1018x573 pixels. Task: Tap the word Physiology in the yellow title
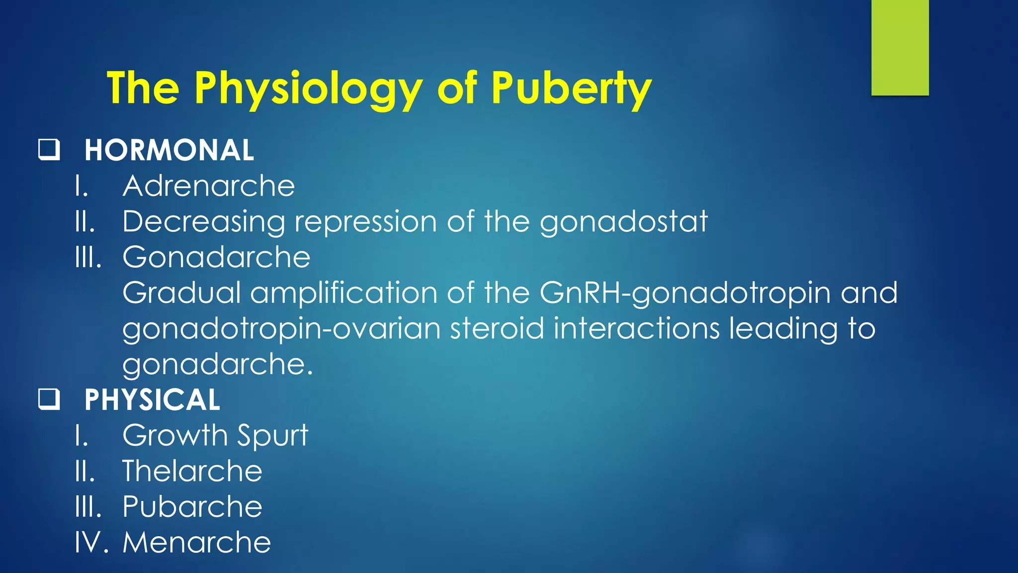click(x=308, y=88)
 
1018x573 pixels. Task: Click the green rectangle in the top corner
click(x=900, y=47)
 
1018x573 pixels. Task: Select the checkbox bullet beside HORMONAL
click(x=49, y=150)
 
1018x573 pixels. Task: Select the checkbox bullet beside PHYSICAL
click(x=49, y=399)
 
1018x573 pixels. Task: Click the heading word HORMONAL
click(x=169, y=150)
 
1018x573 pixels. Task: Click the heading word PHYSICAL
click(x=152, y=399)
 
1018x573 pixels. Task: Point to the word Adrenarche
click(x=209, y=186)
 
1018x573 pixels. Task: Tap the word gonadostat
click(x=623, y=222)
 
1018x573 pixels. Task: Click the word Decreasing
click(x=204, y=222)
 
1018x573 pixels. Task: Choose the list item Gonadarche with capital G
click(x=216, y=257)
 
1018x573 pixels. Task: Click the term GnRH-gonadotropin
click(x=684, y=293)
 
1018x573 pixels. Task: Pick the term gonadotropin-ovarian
click(x=281, y=329)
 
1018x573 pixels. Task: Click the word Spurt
click(x=272, y=436)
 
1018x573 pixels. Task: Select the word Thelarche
click(x=192, y=471)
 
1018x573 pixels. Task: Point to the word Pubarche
click(x=192, y=507)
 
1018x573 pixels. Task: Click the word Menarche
click(x=197, y=542)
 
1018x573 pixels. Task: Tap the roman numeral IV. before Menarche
click(x=91, y=542)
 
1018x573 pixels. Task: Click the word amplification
click(x=343, y=293)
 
